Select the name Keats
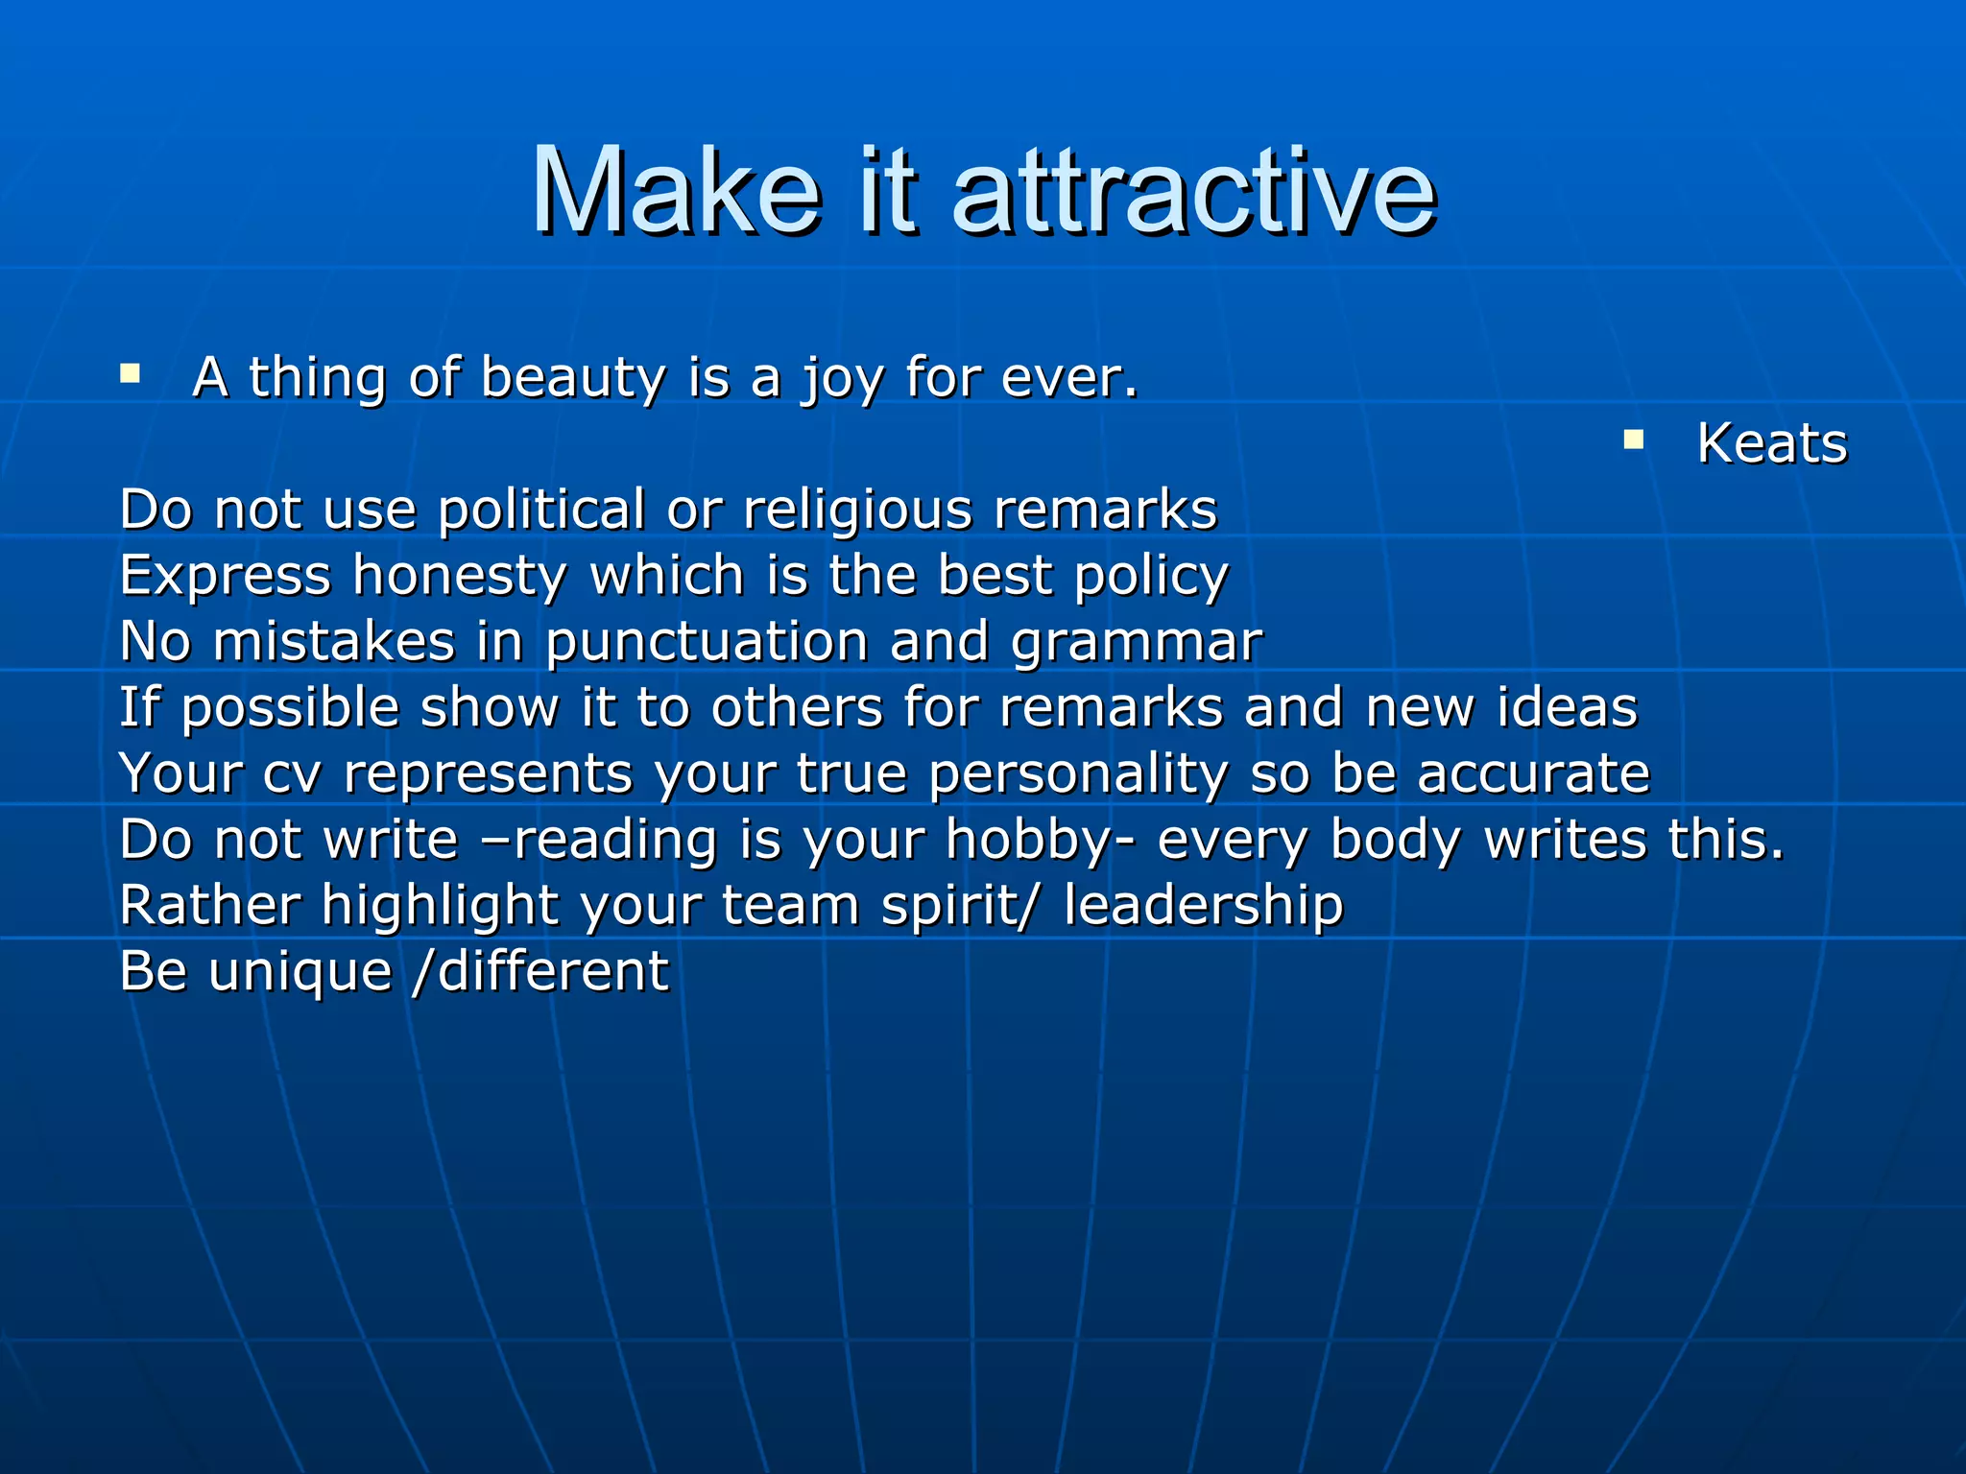[x=1772, y=443]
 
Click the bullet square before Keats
[x=1633, y=440]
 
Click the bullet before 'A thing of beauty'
[x=131, y=373]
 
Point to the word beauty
[x=573, y=378]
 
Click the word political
[x=541, y=510]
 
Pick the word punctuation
[x=707, y=643]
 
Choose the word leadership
[x=1204, y=907]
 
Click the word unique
[x=300, y=973]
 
